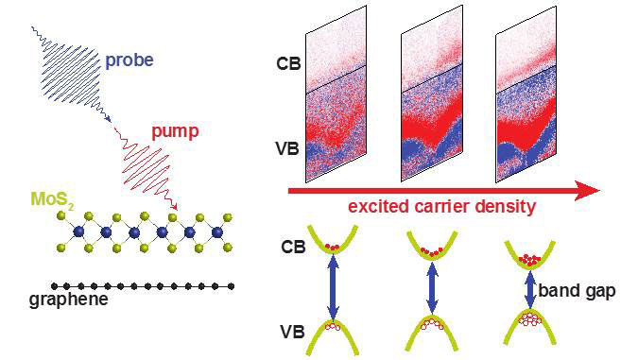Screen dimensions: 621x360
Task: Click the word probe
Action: coord(129,61)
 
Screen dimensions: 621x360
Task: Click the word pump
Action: coord(175,132)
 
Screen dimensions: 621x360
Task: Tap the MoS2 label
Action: coord(53,199)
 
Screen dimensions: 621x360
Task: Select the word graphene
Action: coord(68,299)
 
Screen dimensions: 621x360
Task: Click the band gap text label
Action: coord(577,291)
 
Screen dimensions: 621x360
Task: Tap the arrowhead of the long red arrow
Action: coord(587,191)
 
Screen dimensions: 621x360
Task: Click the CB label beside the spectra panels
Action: coord(288,63)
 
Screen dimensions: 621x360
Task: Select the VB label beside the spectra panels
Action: coord(287,149)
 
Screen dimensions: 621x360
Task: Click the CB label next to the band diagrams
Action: coord(293,247)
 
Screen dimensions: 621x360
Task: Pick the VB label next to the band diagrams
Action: coord(292,332)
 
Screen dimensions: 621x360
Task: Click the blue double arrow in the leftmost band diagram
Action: coord(333,286)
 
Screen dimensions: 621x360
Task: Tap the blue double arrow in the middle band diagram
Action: coord(432,286)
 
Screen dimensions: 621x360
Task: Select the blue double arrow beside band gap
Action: coord(530,291)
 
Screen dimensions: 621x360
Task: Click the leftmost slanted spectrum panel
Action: coord(336,94)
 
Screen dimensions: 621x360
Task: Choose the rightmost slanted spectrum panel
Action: coord(526,94)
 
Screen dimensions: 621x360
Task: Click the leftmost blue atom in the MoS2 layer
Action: coord(78,231)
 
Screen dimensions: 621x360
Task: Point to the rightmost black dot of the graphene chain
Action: coord(232,286)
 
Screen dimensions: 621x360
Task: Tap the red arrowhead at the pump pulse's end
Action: coord(174,207)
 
